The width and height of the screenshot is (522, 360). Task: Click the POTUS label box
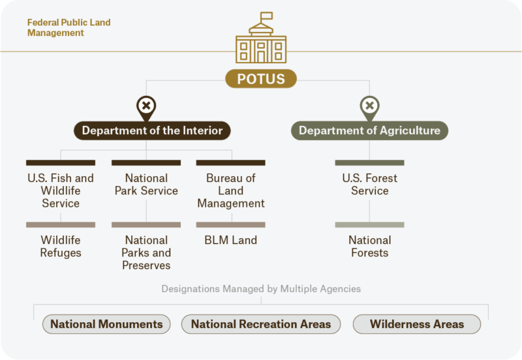tap(261, 80)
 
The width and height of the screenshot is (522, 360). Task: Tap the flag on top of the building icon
tap(266, 16)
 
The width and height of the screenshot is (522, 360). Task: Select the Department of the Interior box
tap(152, 130)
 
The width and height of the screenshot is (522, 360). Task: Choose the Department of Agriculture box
tap(369, 130)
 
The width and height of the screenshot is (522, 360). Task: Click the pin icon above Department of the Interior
tap(146, 106)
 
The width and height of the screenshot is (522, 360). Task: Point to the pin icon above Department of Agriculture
tap(369, 106)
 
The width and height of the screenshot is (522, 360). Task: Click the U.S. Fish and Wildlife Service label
tap(61, 190)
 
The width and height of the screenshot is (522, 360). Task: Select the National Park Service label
tap(146, 184)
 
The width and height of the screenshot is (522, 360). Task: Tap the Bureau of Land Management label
tap(231, 190)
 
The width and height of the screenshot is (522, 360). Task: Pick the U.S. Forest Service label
tap(369, 184)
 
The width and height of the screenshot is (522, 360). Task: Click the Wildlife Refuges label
tap(61, 247)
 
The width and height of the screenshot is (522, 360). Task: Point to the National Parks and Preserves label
tap(146, 253)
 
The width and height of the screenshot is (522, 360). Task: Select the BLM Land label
tap(231, 240)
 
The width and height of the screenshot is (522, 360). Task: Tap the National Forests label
tap(369, 247)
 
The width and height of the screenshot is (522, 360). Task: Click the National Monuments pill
tap(106, 324)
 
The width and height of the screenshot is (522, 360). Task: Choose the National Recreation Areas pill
tap(261, 324)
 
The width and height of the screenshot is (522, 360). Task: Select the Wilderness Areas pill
tap(417, 324)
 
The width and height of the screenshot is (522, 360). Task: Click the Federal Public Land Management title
tap(69, 27)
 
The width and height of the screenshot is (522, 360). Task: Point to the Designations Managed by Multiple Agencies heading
tap(261, 288)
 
